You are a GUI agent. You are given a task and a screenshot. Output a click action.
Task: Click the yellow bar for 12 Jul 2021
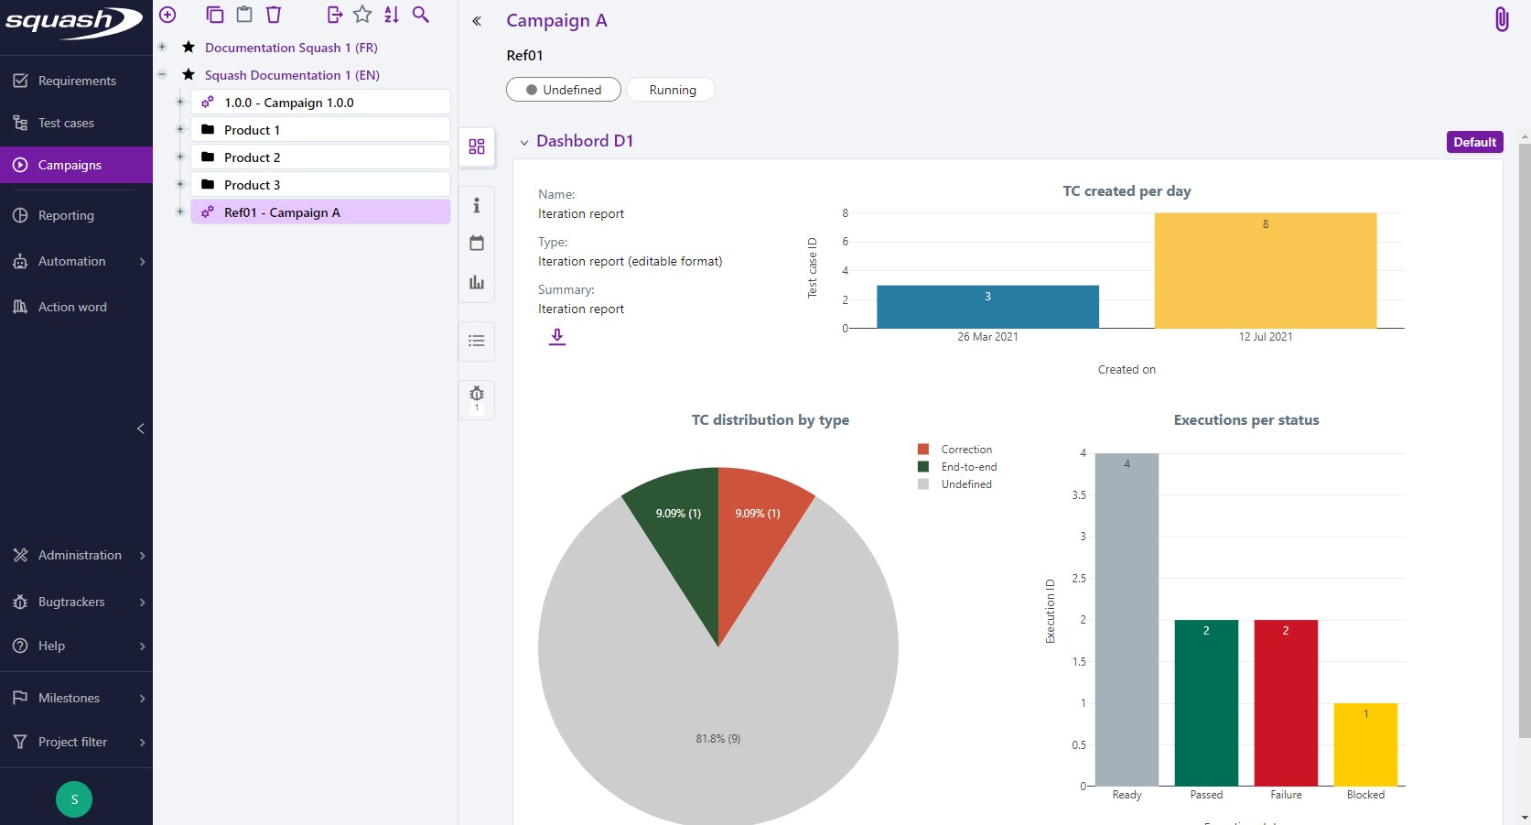(1265, 271)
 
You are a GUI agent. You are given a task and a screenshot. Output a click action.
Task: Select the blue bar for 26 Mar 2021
(987, 307)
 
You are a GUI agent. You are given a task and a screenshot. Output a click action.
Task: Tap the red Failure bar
(1285, 702)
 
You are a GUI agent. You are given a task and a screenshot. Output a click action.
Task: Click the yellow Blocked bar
(1364, 744)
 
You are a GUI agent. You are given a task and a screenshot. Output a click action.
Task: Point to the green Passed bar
(1205, 702)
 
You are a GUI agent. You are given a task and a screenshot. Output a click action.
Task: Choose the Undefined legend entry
(965, 484)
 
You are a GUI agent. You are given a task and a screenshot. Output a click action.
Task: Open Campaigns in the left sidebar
(70, 166)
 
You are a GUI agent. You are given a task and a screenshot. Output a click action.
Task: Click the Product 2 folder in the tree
(252, 157)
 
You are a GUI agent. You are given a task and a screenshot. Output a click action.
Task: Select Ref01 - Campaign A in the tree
(281, 212)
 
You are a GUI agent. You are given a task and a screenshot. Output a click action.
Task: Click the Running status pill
(672, 90)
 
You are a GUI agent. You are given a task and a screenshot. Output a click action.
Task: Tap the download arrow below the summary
(557, 337)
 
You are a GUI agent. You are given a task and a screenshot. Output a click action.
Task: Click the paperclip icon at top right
(1501, 19)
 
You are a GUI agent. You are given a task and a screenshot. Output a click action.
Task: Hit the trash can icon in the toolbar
(273, 15)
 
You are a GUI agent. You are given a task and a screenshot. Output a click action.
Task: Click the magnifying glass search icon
(420, 15)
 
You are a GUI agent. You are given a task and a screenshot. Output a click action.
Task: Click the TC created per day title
(1126, 191)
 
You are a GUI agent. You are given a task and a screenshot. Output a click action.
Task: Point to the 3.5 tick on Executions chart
(1079, 495)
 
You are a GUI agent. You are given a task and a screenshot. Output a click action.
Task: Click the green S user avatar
(74, 799)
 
